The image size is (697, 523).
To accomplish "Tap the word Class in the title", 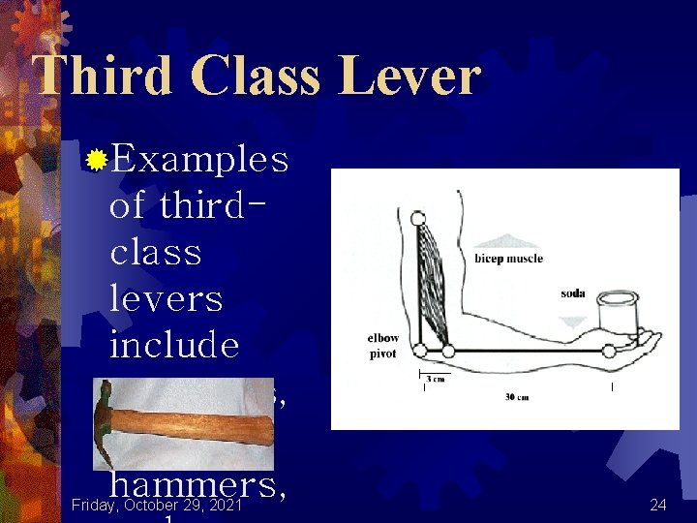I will pos(260,75).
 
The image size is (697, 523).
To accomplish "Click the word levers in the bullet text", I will pos(166,297).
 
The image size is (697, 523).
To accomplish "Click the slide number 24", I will pos(658,505).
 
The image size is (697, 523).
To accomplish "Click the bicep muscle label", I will pos(508,259).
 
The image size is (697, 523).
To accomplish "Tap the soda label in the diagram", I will pos(572,292).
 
